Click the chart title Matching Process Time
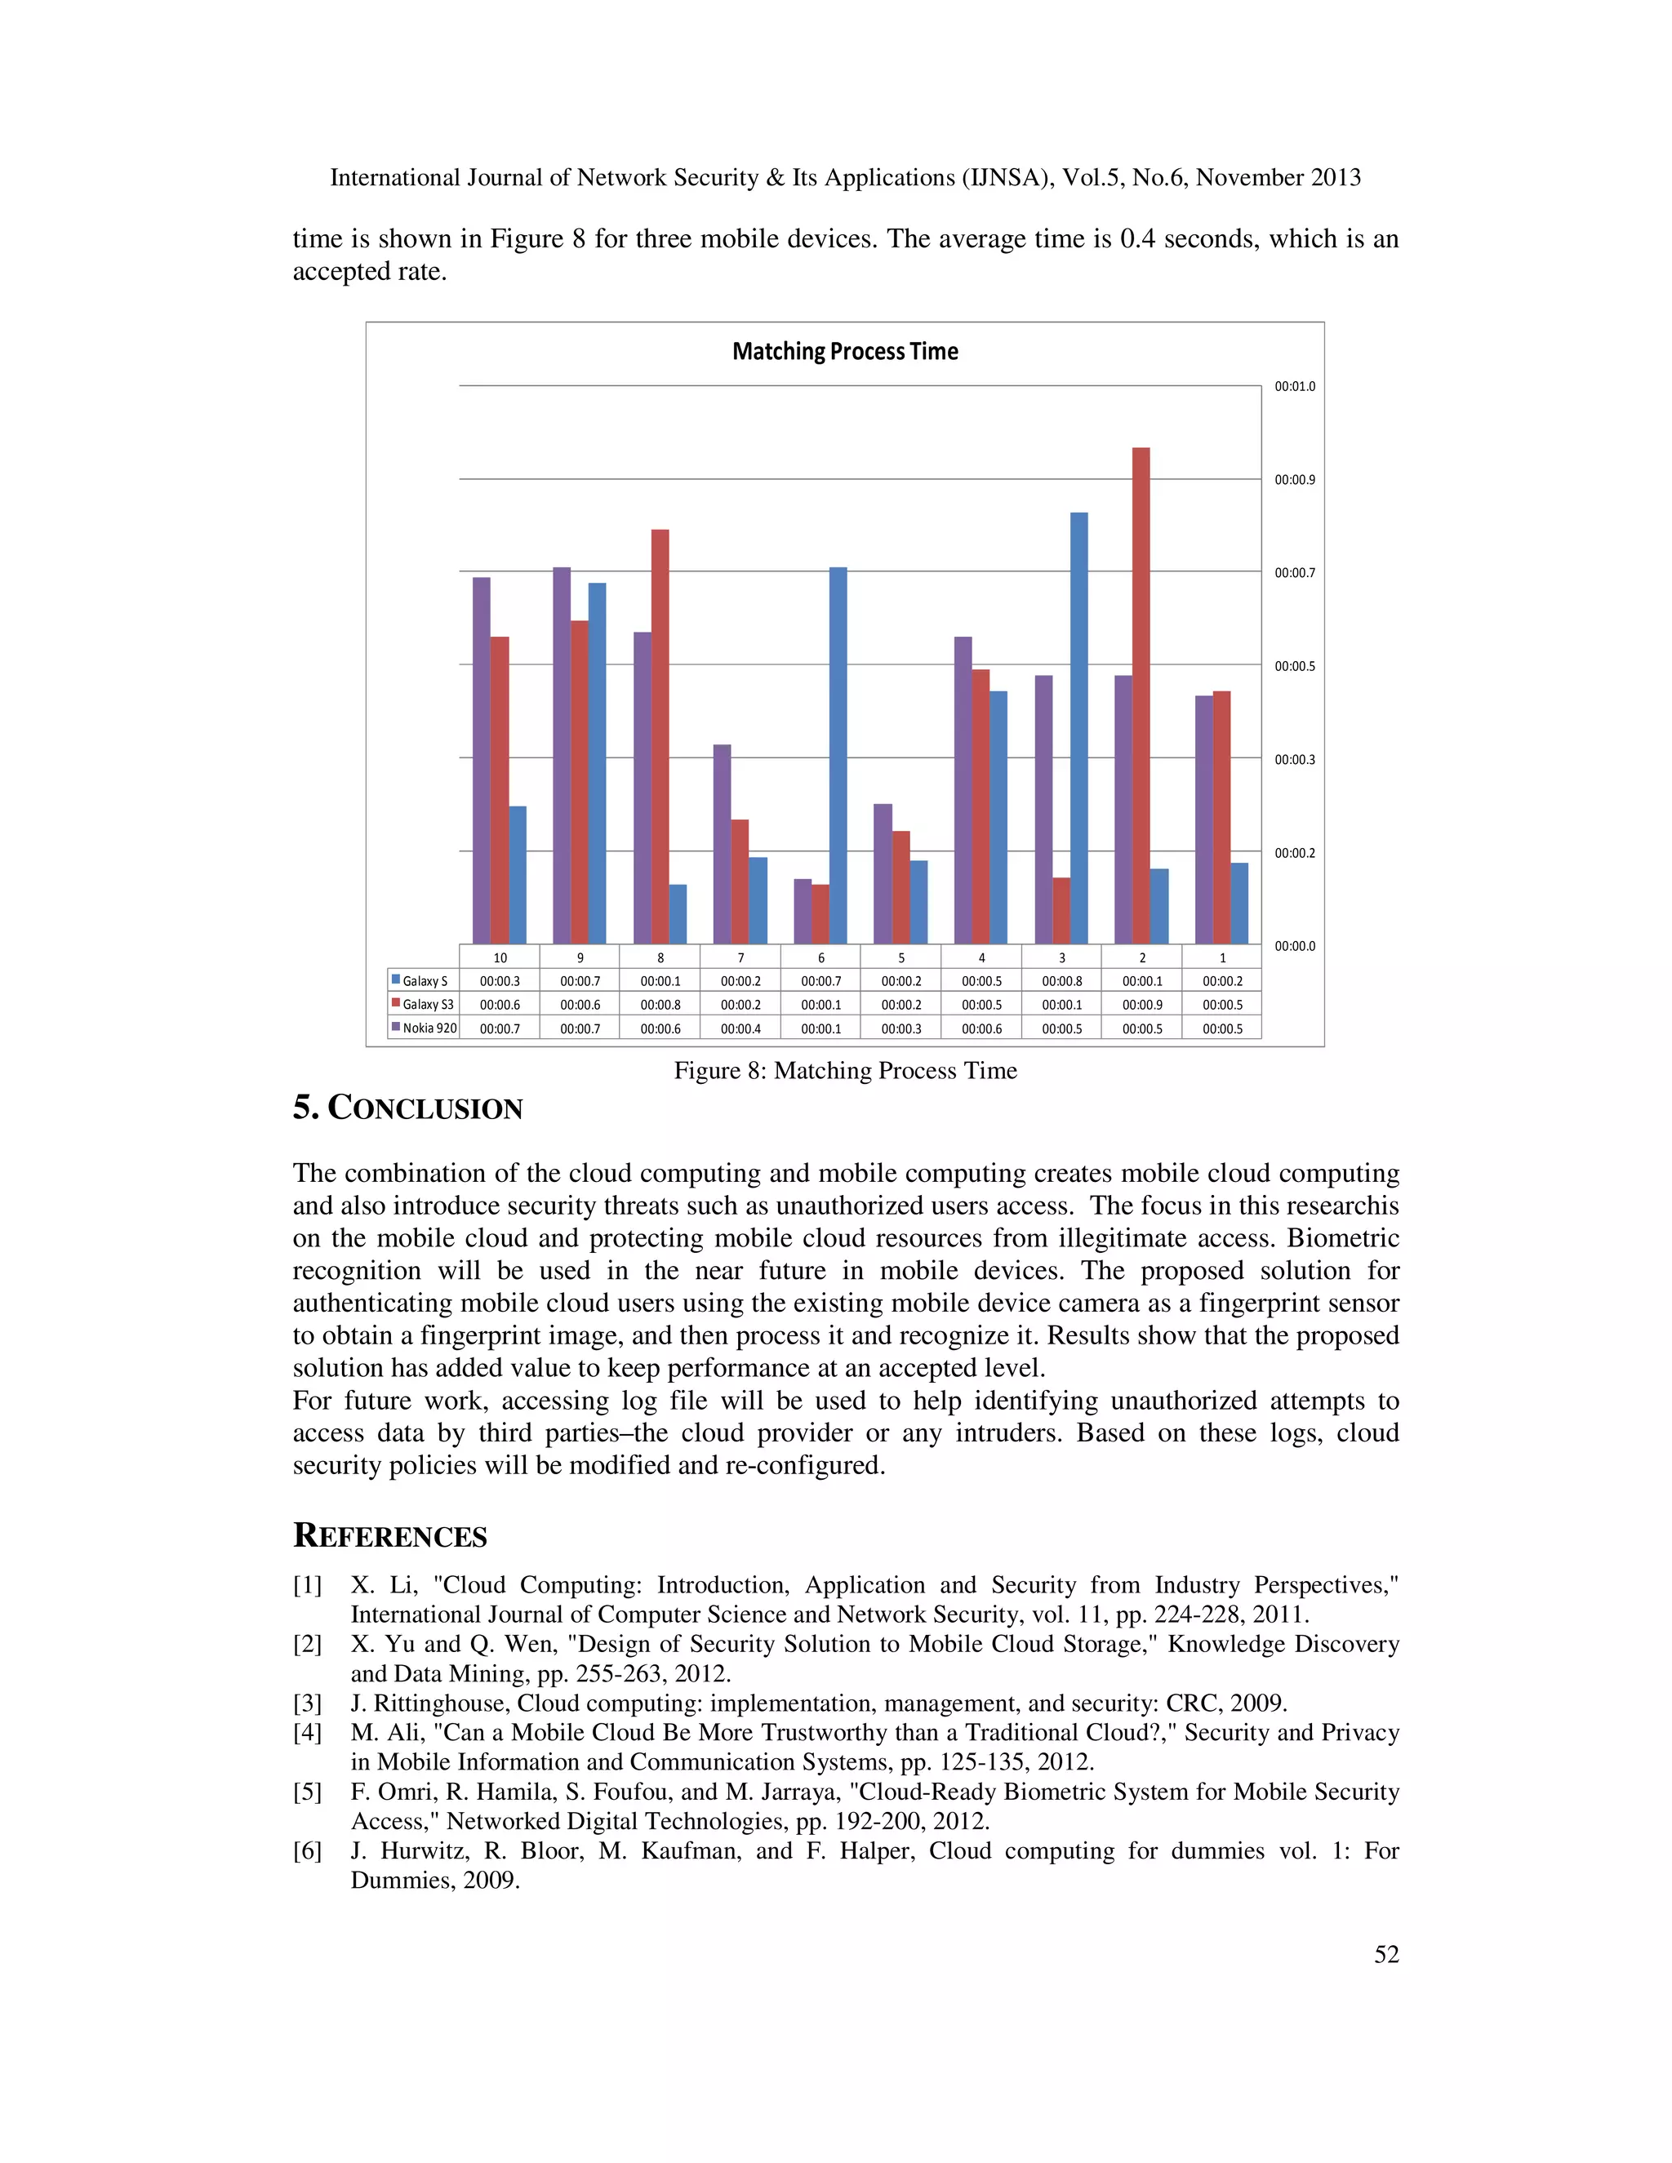845,352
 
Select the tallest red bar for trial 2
1141,693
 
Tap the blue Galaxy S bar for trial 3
1078,728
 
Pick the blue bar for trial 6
838,755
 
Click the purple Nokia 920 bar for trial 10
482,761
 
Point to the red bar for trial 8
660,736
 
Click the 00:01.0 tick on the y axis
1295,386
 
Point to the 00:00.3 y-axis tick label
1295,760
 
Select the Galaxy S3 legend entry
423,1004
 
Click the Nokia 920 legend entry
424,1028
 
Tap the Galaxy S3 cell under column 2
1141,1004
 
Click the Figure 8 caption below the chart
845,1071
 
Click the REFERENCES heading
389,1536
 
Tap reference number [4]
307,1732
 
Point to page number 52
1385,1954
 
